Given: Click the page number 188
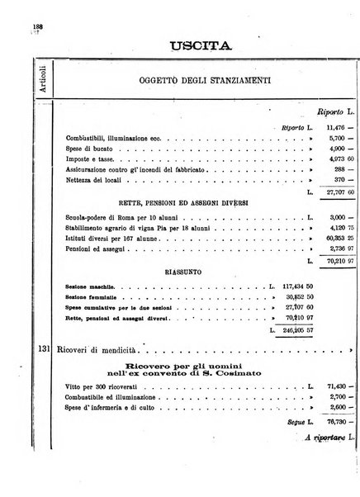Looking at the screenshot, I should coord(37,26).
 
